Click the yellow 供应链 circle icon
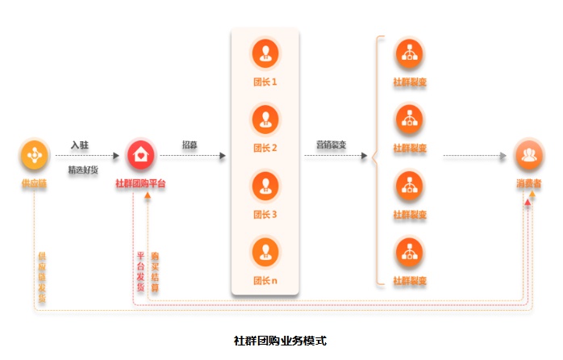click(34, 155)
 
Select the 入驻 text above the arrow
click(80, 145)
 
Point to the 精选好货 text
click(83, 170)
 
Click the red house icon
click(141, 155)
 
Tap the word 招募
click(190, 145)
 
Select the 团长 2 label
click(265, 149)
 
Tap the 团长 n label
click(265, 281)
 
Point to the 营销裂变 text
click(331, 145)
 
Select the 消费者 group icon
click(529, 155)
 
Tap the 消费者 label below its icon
click(529, 184)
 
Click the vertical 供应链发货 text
click(42, 276)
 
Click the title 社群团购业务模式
click(280, 340)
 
